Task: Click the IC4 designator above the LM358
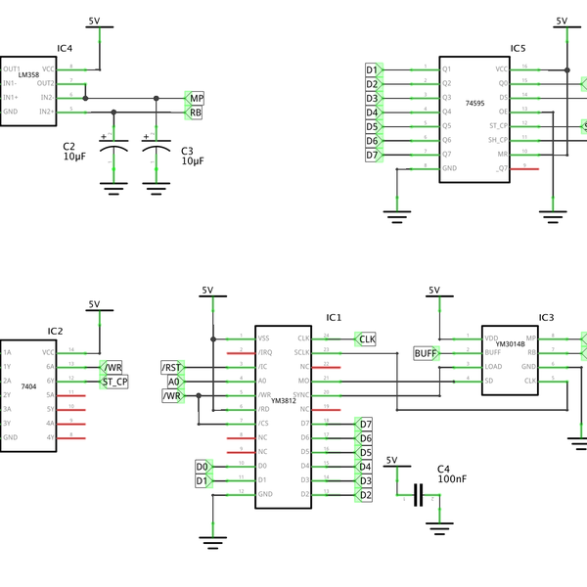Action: pos(65,48)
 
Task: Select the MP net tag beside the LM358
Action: pos(196,99)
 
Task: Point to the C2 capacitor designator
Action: pos(69,147)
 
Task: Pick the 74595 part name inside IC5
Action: pos(475,102)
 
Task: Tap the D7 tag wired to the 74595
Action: pos(372,155)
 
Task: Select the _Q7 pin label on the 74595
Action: pos(502,168)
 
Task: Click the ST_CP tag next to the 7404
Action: pos(114,382)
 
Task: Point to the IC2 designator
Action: pos(55,331)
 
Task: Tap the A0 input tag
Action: pos(173,382)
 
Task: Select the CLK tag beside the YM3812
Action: pos(367,339)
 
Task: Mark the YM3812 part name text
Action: pos(284,400)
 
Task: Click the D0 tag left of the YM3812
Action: pos(203,466)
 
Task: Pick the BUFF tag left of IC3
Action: pos(426,353)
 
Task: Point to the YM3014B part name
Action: pos(511,344)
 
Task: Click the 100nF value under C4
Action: pos(452,479)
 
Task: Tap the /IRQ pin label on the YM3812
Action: pos(265,352)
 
